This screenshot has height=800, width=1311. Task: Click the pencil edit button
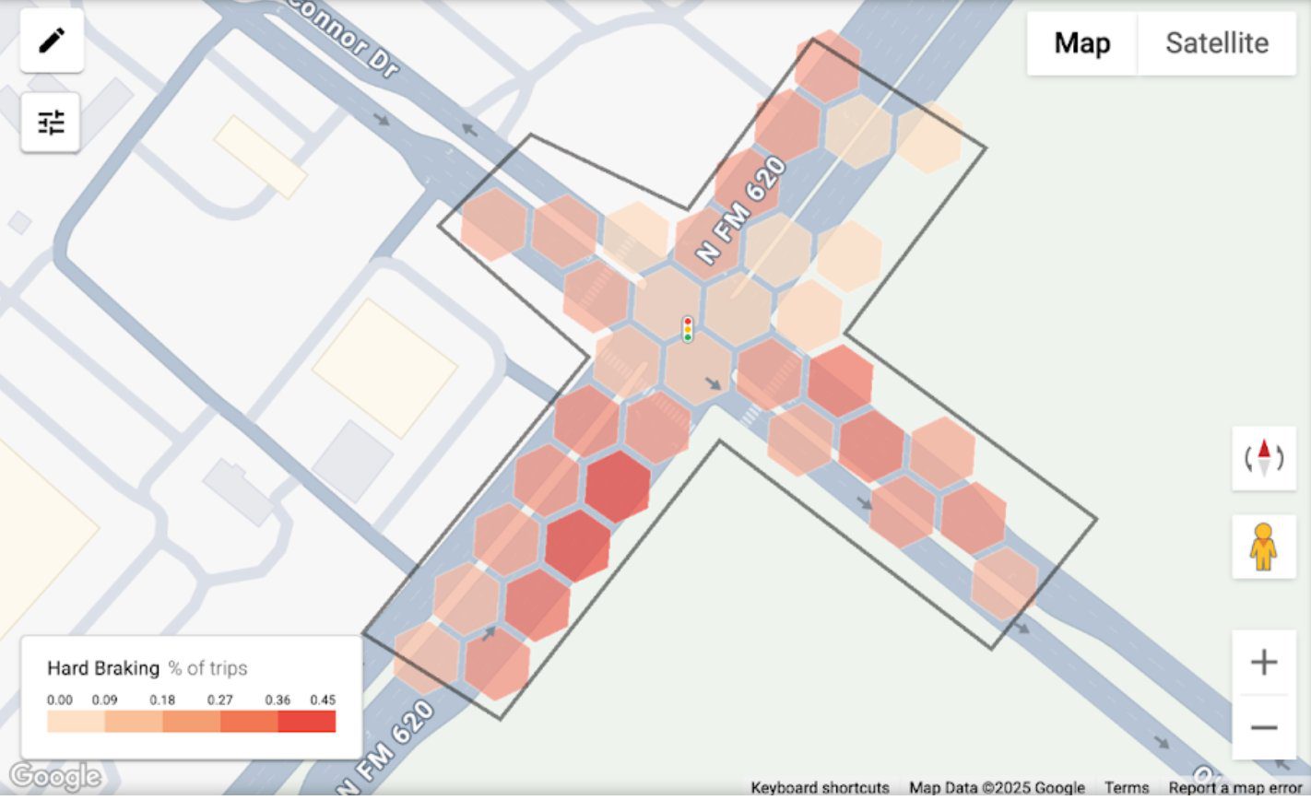click(x=52, y=41)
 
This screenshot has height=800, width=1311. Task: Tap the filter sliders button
click(x=52, y=122)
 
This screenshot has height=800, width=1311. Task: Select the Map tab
click(x=1081, y=43)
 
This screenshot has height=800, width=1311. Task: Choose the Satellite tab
click(x=1216, y=43)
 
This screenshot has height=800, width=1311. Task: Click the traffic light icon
click(x=688, y=329)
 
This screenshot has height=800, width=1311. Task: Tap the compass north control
click(x=1263, y=457)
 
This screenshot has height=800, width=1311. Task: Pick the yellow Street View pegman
click(x=1263, y=547)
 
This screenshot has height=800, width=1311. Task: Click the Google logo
click(x=55, y=777)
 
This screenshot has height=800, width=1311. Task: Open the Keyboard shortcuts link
click(x=820, y=788)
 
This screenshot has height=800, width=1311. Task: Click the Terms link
click(x=1127, y=788)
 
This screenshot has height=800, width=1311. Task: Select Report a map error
click(x=1234, y=788)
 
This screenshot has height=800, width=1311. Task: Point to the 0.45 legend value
click(x=322, y=700)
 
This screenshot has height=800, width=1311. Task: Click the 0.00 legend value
click(x=60, y=700)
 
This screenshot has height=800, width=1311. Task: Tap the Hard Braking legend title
click(x=103, y=668)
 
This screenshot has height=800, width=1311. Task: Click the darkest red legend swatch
click(x=306, y=721)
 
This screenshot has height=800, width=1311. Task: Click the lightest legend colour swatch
click(x=77, y=721)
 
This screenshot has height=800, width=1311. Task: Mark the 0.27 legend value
click(x=219, y=700)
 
